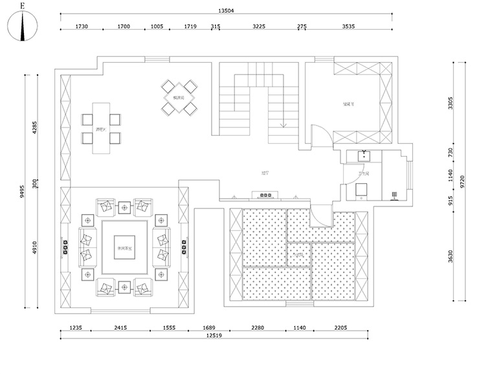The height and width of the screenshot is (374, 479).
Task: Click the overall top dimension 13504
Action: pos(226,10)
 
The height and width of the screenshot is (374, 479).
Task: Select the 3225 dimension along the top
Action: pos(258,26)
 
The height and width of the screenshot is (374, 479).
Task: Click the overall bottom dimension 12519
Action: pos(215,335)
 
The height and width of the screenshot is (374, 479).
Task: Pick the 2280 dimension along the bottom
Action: pos(258,328)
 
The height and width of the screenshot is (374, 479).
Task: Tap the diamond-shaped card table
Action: pos(175,98)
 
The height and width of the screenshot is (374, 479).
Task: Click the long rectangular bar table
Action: pos(100,128)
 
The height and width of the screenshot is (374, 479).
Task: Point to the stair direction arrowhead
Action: pos(282,124)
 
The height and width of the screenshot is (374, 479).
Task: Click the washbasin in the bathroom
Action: pos(365,155)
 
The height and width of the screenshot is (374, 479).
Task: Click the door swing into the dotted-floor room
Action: pos(320,217)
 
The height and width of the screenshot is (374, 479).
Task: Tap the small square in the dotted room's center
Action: pos(298,254)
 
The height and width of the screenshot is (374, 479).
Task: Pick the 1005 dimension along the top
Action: pos(157,26)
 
